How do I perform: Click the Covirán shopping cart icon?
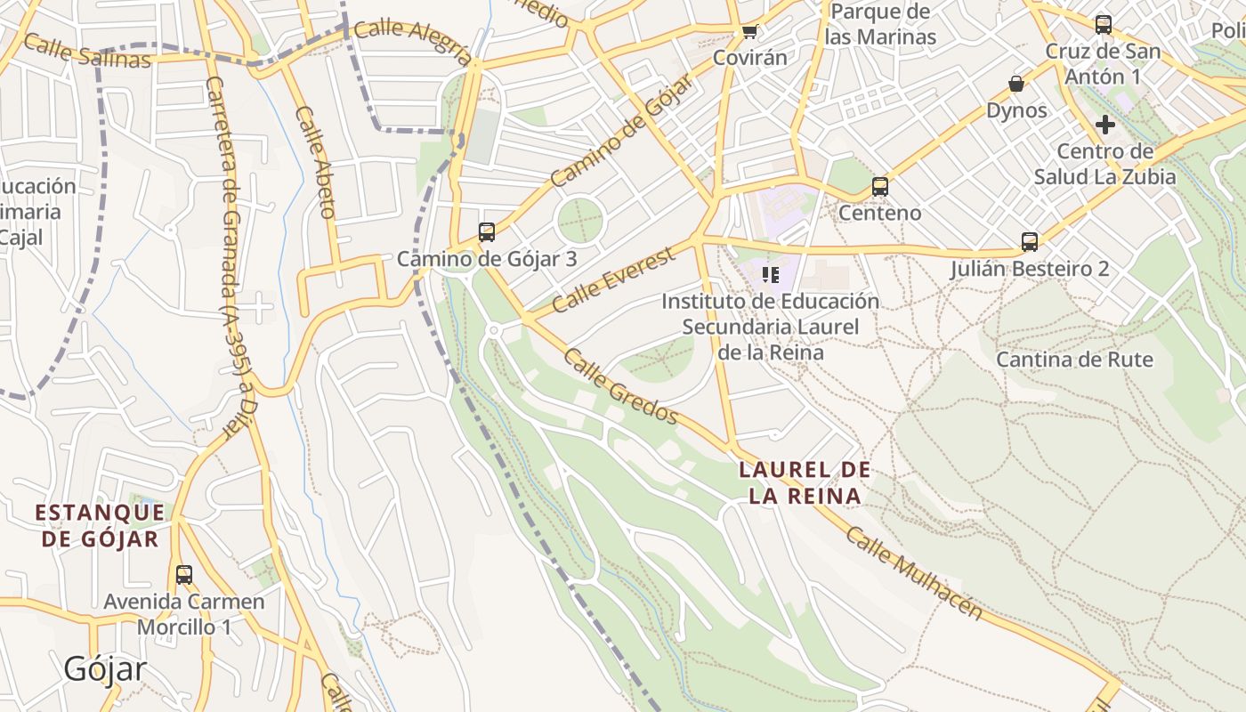point(749,32)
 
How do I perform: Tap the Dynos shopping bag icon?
point(1016,85)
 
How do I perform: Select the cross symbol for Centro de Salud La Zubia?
point(1105,125)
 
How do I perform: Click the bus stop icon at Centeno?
point(880,187)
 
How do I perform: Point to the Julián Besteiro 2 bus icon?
point(1030,242)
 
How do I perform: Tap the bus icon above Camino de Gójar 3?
point(487,232)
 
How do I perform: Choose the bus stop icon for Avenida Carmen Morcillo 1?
point(184,575)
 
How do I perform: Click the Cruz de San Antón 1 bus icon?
point(1104,25)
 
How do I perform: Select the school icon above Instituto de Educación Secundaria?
point(771,275)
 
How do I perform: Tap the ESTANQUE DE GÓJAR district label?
point(100,525)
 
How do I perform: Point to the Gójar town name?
point(105,668)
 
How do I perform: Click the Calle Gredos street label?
point(621,387)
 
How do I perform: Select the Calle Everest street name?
point(614,279)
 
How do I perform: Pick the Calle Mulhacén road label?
point(914,573)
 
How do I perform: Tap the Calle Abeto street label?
point(316,162)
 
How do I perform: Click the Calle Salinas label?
point(87,51)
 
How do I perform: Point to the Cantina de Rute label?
point(1074,360)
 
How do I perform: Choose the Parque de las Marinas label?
point(880,24)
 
